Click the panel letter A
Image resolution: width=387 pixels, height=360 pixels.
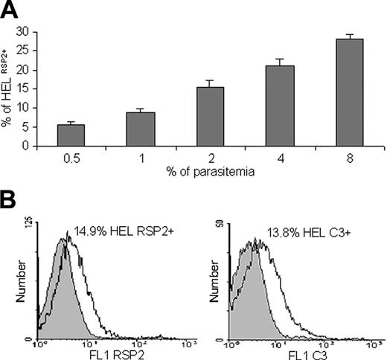pyautogui.click(x=10, y=10)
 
